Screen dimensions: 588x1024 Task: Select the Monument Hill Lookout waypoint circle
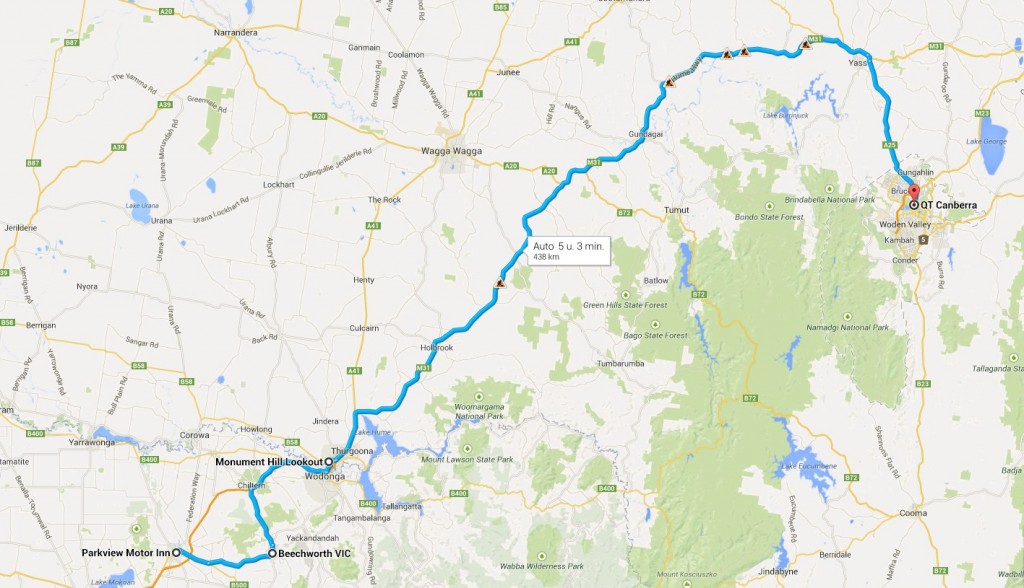(x=328, y=462)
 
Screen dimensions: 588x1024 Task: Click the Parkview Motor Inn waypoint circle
(x=176, y=552)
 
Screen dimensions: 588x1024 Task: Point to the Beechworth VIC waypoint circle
(x=272, y=553)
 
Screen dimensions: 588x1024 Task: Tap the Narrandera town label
(x=237, y=32)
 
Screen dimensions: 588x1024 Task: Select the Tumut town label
(x=678, y=210)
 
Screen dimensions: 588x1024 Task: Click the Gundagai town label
(x=646, y=134)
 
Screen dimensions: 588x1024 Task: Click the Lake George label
(x=984, y=142)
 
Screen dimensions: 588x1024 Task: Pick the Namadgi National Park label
(x=851, y=327)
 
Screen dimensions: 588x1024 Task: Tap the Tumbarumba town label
(x=626, y=363)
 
